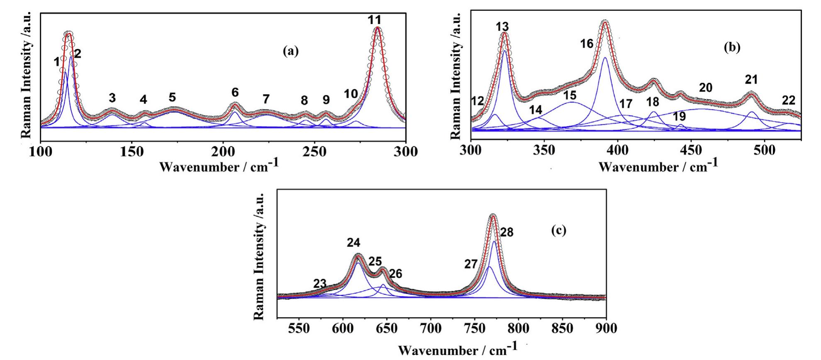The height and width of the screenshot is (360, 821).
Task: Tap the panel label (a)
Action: [290, 51]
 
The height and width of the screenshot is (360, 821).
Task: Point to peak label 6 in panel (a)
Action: [235, 92]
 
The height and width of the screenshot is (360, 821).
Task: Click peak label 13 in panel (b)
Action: [502, 27]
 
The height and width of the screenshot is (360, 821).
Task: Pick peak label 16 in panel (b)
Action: [587, 43]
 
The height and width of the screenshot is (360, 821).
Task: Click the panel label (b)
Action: [732, 47]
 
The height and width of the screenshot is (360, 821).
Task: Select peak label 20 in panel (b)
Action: [705, 88]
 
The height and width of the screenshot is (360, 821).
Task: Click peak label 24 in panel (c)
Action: [354, 243]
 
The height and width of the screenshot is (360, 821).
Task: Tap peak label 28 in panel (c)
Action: [506, 232]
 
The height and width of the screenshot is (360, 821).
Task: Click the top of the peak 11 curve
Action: [377, 28]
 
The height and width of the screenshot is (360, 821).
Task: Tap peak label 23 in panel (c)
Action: [319, 284]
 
